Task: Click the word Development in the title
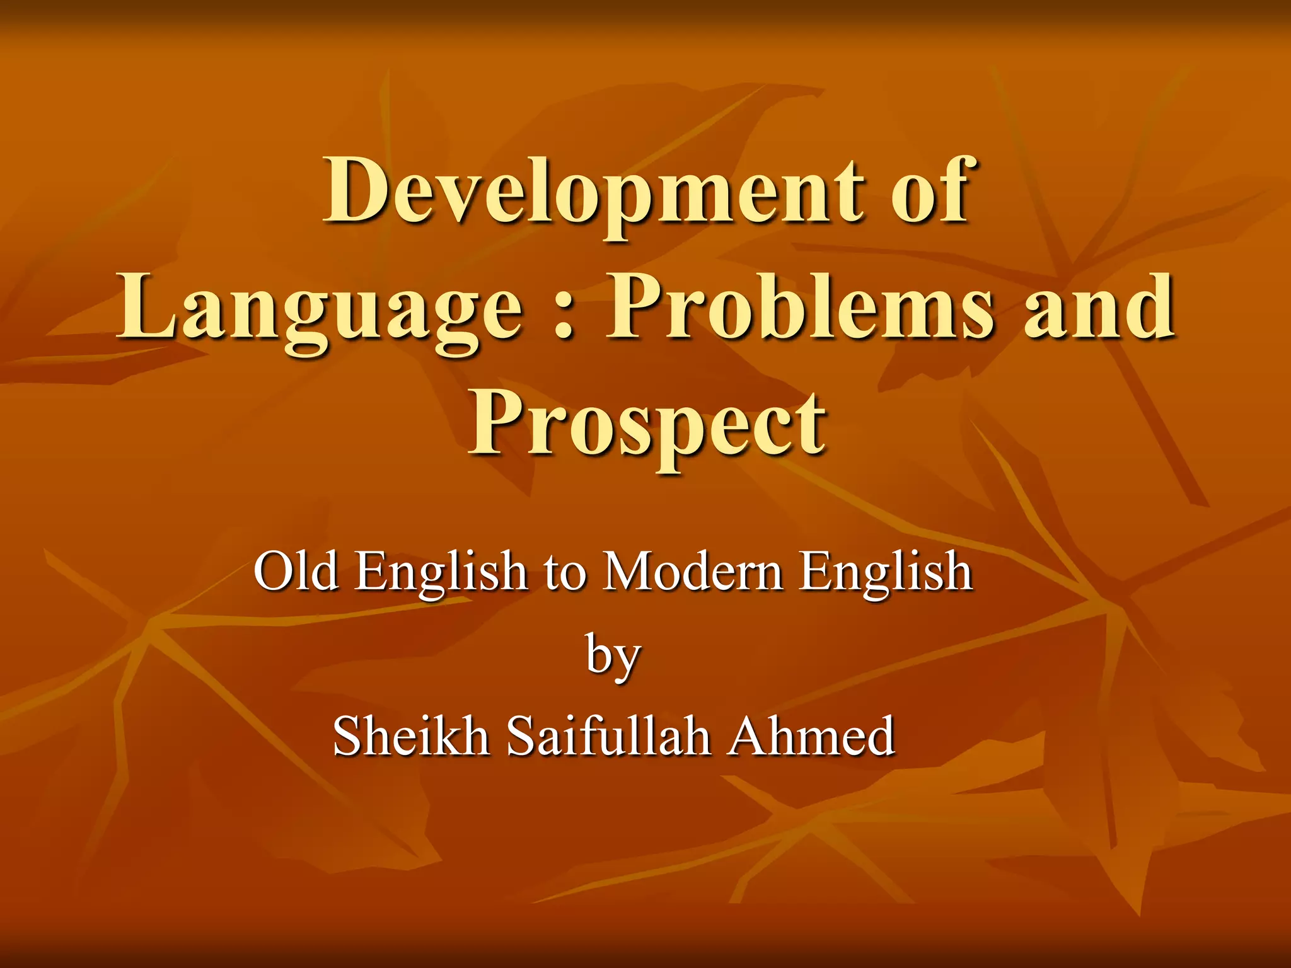coord(593,192)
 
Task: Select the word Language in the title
coord(319,309)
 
